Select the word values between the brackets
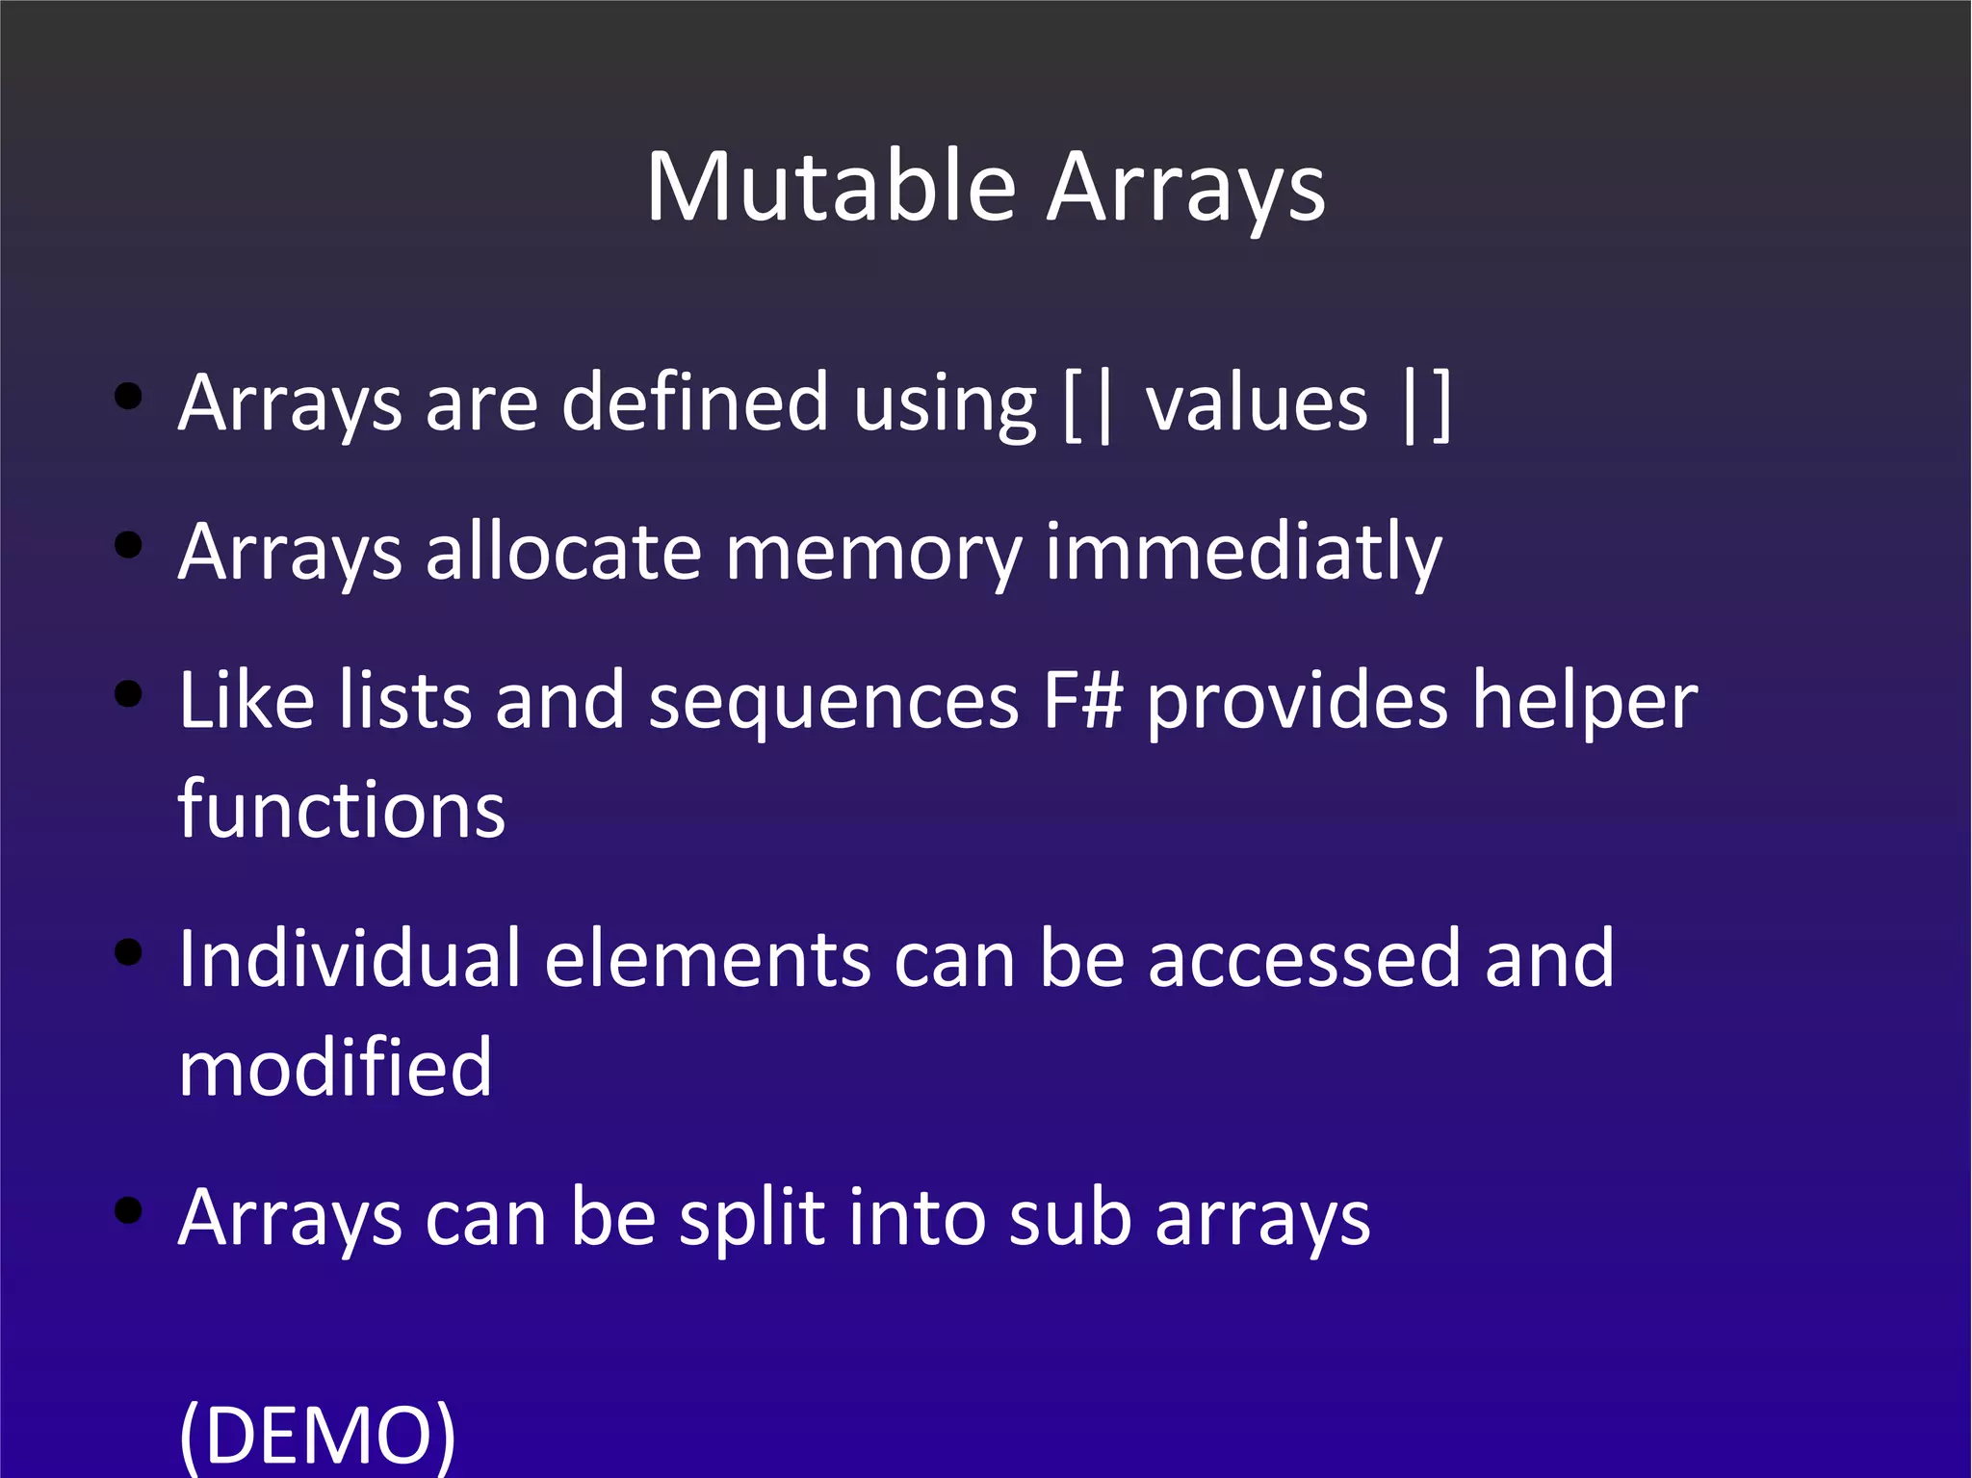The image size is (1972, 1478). (x=1257, y=404)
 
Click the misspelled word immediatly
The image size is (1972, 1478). (x=1243, y=553)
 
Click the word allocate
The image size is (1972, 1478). (x=563, y=553)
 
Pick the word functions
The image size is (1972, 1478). (x=342, y=810)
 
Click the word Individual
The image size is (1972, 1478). (x=350, y=959)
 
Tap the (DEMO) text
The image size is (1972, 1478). (x=318, y=1435)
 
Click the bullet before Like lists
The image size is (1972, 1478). (x=128, y=693)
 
